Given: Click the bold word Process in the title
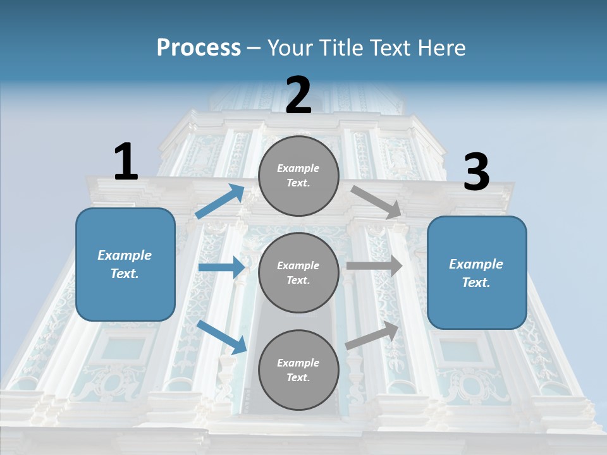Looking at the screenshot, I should (x=199, y=47).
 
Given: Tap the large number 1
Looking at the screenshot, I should (x=126, y=162).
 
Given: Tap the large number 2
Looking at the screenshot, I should (x=298, y=95).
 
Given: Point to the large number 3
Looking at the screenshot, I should (x=476, y=173).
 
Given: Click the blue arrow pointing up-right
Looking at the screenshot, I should (x=220, y=202).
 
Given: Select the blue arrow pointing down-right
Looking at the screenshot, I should (x=222, y=337).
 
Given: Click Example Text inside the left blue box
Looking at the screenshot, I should (x=125, y=264).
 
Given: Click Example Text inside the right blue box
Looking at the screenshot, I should (x=476, y=273).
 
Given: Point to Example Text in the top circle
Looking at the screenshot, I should (x=298, y=175).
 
